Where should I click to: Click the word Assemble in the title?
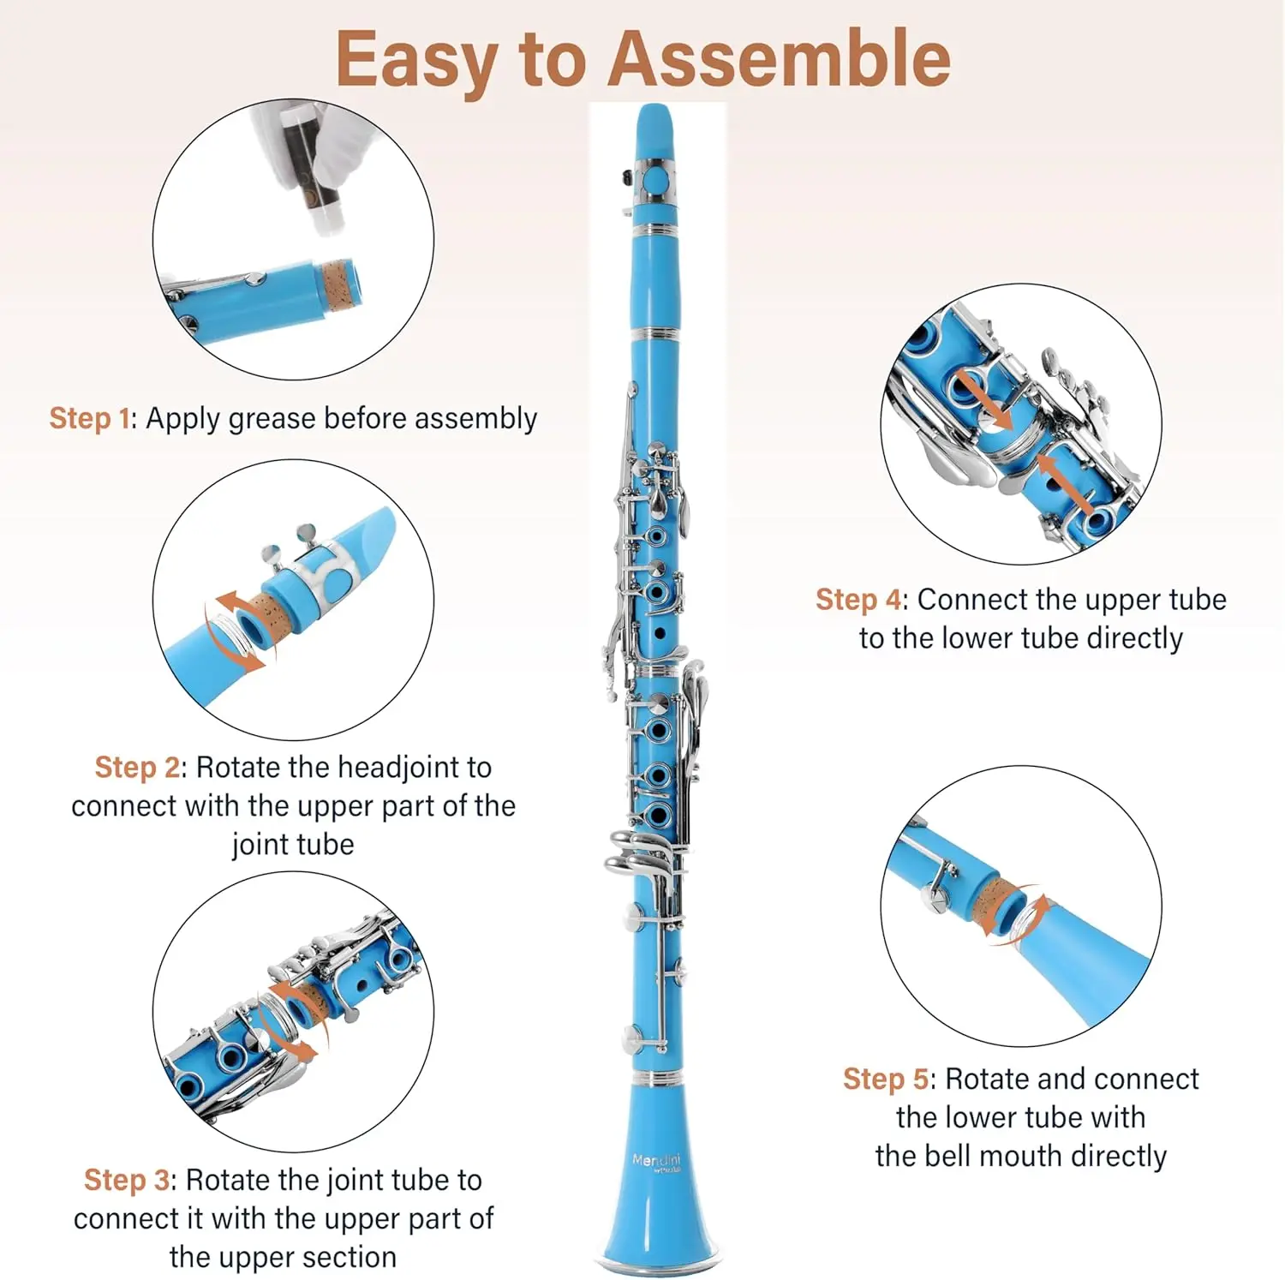point(780,58)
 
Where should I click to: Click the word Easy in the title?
point(417,60)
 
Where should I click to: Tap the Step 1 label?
point(89,418)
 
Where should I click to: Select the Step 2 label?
point(136,767)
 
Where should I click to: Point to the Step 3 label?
point(127,1180)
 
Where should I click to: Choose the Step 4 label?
point(858,600)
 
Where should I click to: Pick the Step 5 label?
point(885,1079)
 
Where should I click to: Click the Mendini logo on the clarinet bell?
point(656,1161)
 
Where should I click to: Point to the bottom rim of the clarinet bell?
point(658,1265)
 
